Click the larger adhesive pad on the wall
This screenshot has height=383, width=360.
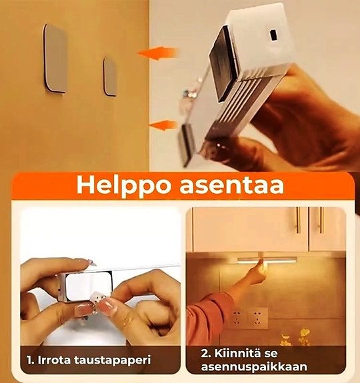[55, 58]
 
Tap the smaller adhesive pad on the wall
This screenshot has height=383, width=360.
[110, 76]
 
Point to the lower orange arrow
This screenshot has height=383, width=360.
[163, 125]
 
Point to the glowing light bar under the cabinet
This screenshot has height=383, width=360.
[267, 260]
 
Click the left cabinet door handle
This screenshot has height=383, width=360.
[297, 220]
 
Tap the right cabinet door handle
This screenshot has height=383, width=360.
[321, 220]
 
